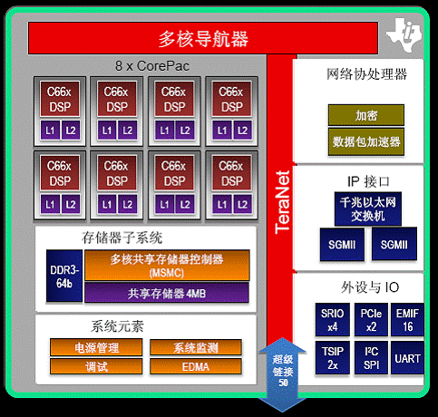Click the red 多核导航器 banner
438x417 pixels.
(x=203, y=38)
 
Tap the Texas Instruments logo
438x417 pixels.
(x=404, y=34)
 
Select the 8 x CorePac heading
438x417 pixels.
(x=152, y=66)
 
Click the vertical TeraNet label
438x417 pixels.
(x=282, y=202)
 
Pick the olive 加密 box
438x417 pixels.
(x=366, y=115)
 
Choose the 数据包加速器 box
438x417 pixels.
(x=366, y=141)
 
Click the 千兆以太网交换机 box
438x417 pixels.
(x=368, y=208)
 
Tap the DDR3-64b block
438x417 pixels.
(x=64, y=276)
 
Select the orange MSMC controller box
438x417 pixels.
(x=167, y=266)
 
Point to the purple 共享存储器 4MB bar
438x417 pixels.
(x=167, y=293)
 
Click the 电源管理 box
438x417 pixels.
(x=96, y=347)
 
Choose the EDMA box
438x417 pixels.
(x=196, y=366)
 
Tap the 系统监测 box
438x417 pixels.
(x=196, y=347)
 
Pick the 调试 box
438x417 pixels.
(x=96, y=366)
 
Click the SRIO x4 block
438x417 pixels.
(x=333, y=320)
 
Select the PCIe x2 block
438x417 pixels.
(x=371, y=320)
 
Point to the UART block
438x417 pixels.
(x=407, y=358)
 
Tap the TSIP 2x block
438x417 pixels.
(x=333, y=358)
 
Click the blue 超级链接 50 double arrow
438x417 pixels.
(x=282, y=374)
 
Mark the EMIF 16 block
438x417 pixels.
(x=407, y=320)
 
